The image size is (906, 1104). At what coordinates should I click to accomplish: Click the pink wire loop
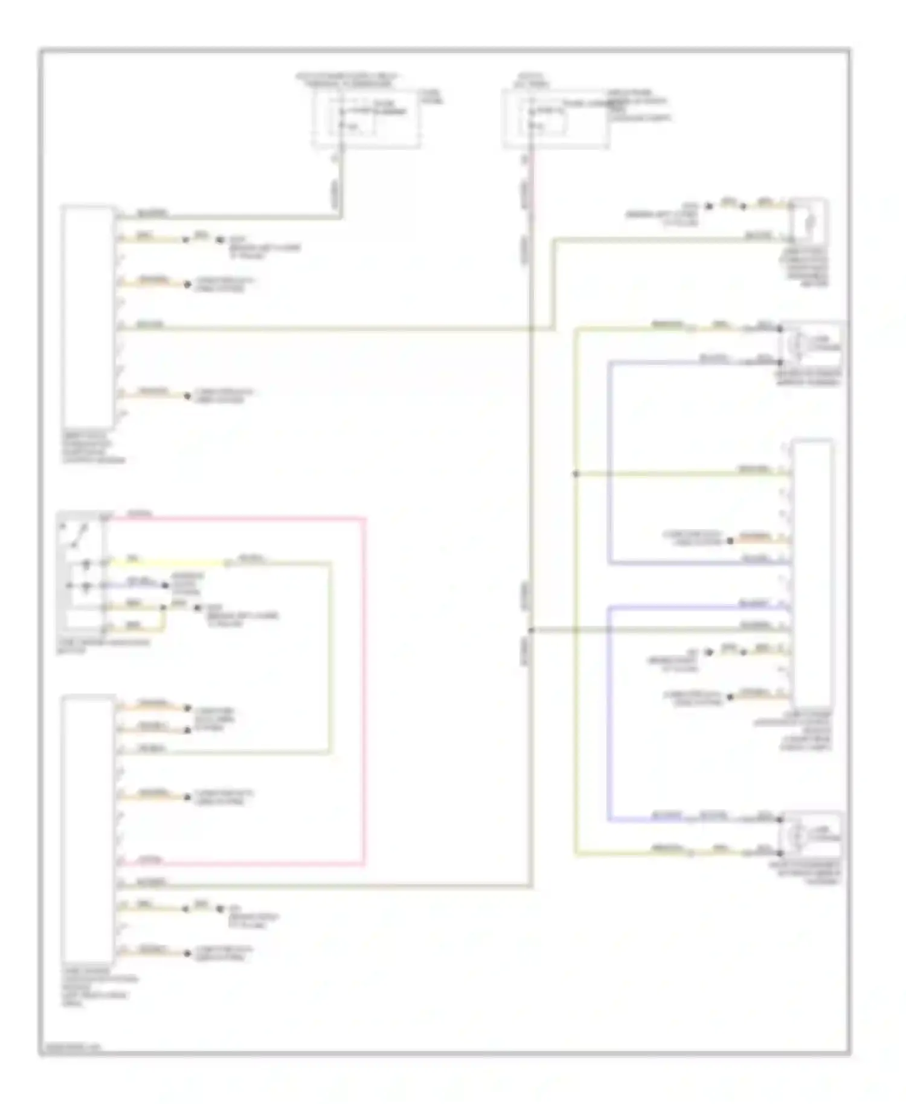(x=364, y=688)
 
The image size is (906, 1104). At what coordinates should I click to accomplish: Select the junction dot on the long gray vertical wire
(x=532, y=631)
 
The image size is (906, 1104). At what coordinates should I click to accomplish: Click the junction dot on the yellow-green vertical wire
(x=576, y=474)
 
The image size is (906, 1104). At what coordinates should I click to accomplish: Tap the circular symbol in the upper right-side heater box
(x=796, y=345)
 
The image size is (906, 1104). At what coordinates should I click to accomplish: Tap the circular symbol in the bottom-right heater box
(x=796, y=836)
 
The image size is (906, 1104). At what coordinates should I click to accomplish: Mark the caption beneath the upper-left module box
(x=94, y=448)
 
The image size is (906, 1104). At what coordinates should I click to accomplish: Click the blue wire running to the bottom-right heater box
(x=608, y=725)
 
